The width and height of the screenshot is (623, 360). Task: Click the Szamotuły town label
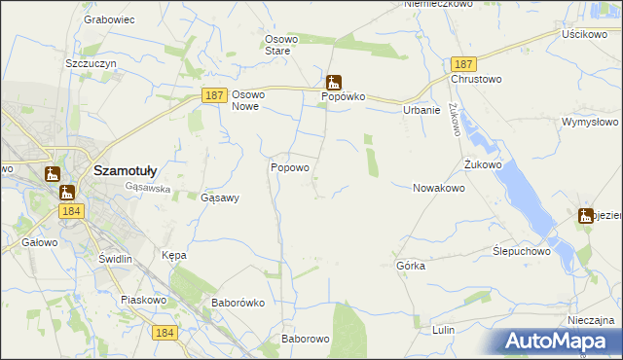point(132,169)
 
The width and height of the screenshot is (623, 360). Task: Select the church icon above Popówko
point(334,82)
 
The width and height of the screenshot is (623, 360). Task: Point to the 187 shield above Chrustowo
point(462,62)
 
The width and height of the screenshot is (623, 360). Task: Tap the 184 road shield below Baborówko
point(165,333)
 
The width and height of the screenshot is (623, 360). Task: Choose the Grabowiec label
point(108,18)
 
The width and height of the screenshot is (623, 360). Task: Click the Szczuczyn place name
point(91,62)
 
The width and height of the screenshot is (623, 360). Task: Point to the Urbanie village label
point(421,110)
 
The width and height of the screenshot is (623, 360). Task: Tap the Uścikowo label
point(584,33)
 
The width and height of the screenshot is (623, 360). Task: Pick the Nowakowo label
point(439,188)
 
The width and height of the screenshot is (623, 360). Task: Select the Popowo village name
point(289,167)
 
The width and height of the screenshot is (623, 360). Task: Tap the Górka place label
point(411,265)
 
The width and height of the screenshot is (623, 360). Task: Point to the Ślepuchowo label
point(522,250)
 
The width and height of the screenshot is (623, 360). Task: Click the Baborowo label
point(306,339)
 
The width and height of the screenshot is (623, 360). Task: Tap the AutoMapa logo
point(560,342)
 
